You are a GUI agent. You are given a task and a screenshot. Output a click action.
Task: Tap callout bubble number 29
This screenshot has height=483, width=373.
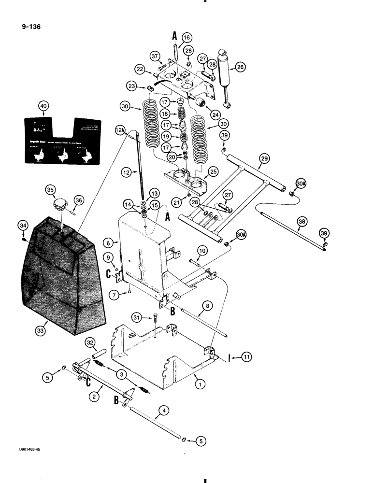(x=264, y=159)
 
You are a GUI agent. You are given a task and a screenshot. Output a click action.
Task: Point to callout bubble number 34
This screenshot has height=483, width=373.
(x=23, y=225)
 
